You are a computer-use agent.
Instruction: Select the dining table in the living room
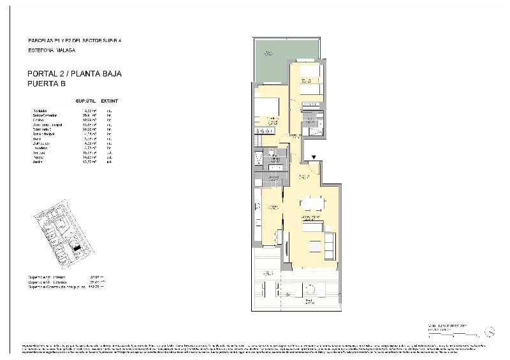pyautogui.click(x=312, y=203)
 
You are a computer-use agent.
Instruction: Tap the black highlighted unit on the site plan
pyautogui.click(x=76, y=248)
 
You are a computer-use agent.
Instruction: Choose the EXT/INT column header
pyautogui.click(x=110, y=101)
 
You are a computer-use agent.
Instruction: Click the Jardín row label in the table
pyautogui.click(x=38, y=162)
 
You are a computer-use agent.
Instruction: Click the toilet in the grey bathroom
pyautogui.click(x=272, y=152)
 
